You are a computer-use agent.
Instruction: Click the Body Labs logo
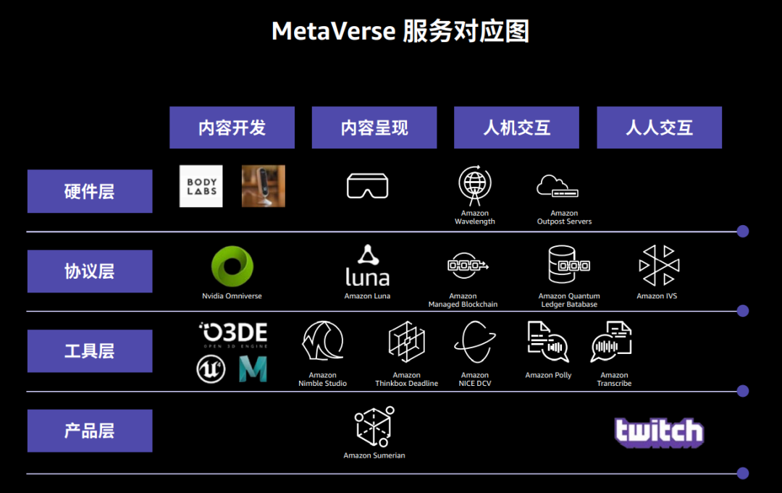201,186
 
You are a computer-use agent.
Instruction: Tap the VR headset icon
367,186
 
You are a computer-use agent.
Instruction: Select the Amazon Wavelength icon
475,185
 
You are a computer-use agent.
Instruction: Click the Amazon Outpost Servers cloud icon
558,186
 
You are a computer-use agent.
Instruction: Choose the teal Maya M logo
253,369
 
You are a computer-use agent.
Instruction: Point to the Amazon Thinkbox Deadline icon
406,342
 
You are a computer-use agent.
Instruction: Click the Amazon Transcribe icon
612,342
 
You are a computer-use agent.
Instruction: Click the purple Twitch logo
658,432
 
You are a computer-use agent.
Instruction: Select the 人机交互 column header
516,128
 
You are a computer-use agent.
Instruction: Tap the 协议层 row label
90,271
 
